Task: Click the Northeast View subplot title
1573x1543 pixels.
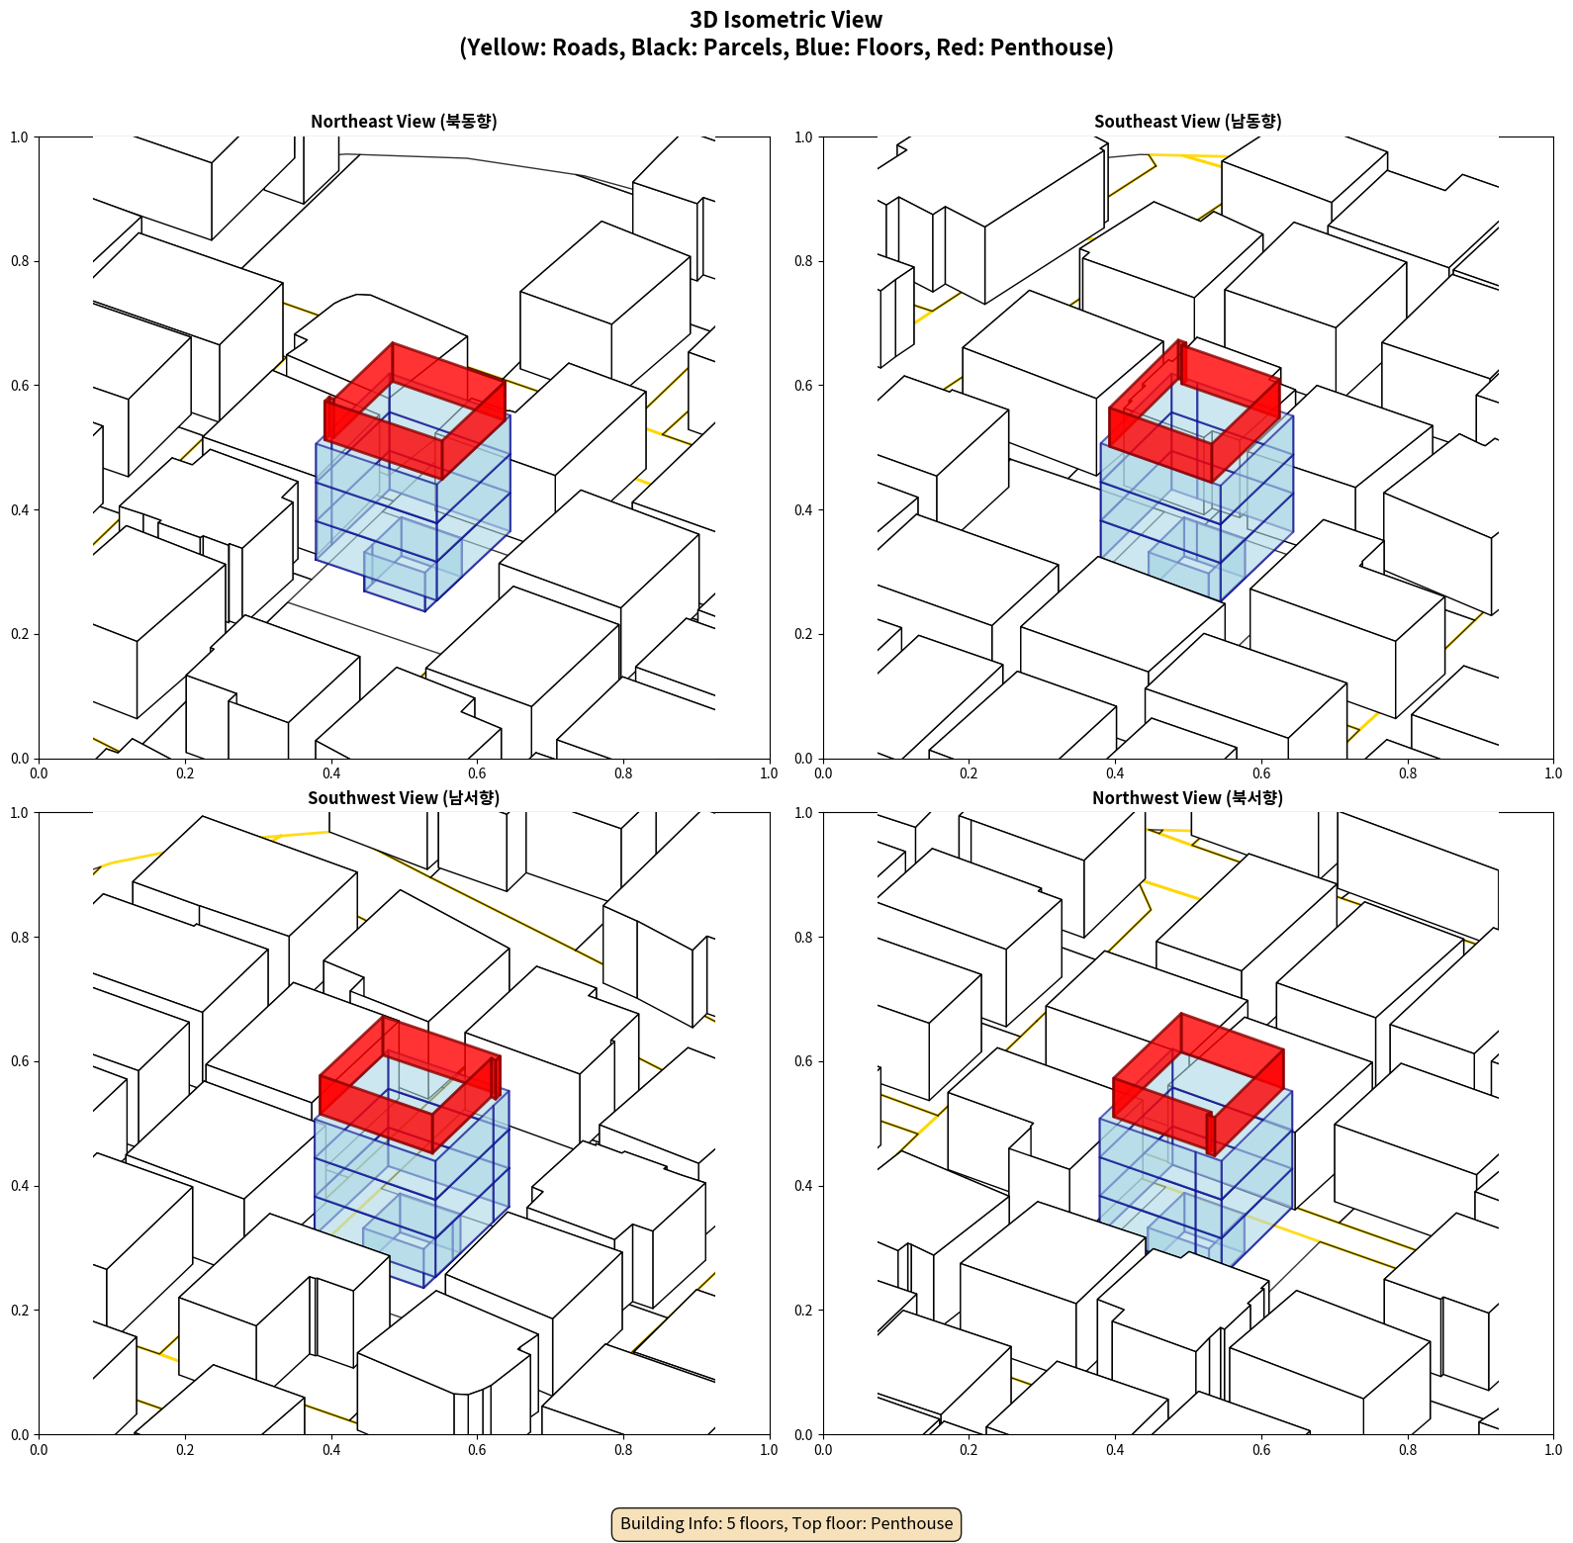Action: tap(404, 122)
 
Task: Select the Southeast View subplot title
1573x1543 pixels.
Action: tap(1187, 122)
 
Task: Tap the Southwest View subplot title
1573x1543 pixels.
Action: tap(404, 798)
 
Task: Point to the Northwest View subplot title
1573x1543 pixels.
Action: tap(1187, 798)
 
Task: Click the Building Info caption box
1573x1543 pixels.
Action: tap(786, 1523)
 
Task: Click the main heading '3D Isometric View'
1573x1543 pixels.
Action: tap(786, 20)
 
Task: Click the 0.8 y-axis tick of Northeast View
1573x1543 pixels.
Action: tap(20, 261)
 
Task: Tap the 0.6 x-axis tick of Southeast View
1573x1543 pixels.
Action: tap(1261, 773)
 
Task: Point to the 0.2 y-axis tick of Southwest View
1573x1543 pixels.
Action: tap(20, 1311)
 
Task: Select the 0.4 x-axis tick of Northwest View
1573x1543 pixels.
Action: tap(1115, 1450)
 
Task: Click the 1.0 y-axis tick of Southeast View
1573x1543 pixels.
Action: tap(803, 137)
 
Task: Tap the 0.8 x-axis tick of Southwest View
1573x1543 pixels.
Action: tap(623, 1450)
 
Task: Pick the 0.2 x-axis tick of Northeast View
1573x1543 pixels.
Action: tap(185, 773)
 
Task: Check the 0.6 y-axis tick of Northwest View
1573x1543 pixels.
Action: tap(803, 1061)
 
